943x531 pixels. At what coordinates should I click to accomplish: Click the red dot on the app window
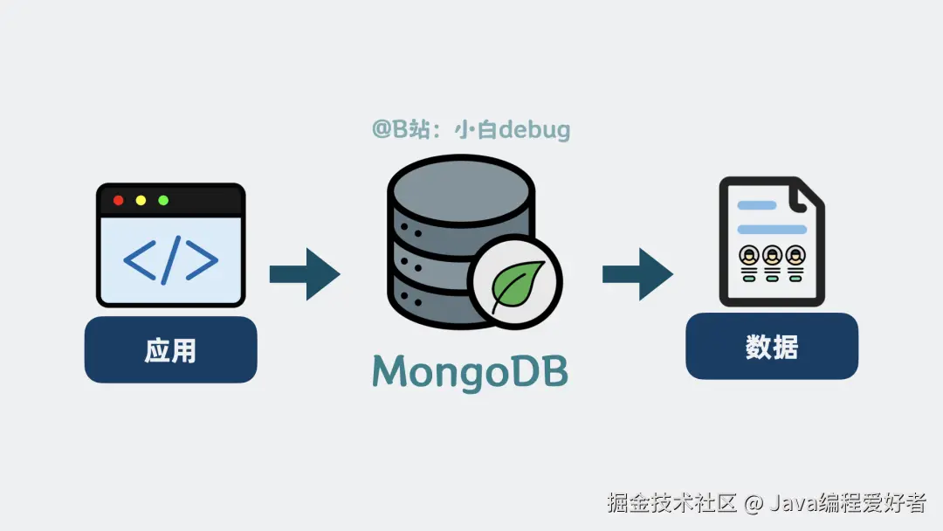pyautogui.click(x=119, y=200)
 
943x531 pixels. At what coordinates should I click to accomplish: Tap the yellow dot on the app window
pyautogui.click(x=141, y=200)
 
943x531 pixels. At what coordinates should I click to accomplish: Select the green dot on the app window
pyautogui.click(x=162, y=200)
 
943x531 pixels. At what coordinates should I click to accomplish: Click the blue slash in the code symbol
pyautogui.click(x=171, y=259)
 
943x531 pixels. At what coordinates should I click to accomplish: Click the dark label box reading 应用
pyautogui.click(x=170, y=350)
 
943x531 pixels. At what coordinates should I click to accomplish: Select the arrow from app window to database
pyautogui.click(x=304, y=274)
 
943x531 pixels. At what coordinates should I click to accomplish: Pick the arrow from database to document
pyautogui.click(x=637, y=274)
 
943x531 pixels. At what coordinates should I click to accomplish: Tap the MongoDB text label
pyautogui.click(x=470, y=371)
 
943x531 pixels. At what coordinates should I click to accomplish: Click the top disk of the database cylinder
pyautogui.click(x=460, y=187)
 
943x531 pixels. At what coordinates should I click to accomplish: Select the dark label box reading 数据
pyautogui.click(x=772, y=347)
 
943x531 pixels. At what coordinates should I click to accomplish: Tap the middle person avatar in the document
pyautogui.click(x=772, y=256)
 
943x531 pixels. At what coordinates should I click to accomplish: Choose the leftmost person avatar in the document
pyautogui.click(x=749, y=256)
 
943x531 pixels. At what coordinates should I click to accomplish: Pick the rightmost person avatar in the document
pyautogui.click(x=795, y=256)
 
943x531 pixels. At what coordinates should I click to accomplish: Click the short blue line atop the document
pyautogui.click(x=756, y=206)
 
